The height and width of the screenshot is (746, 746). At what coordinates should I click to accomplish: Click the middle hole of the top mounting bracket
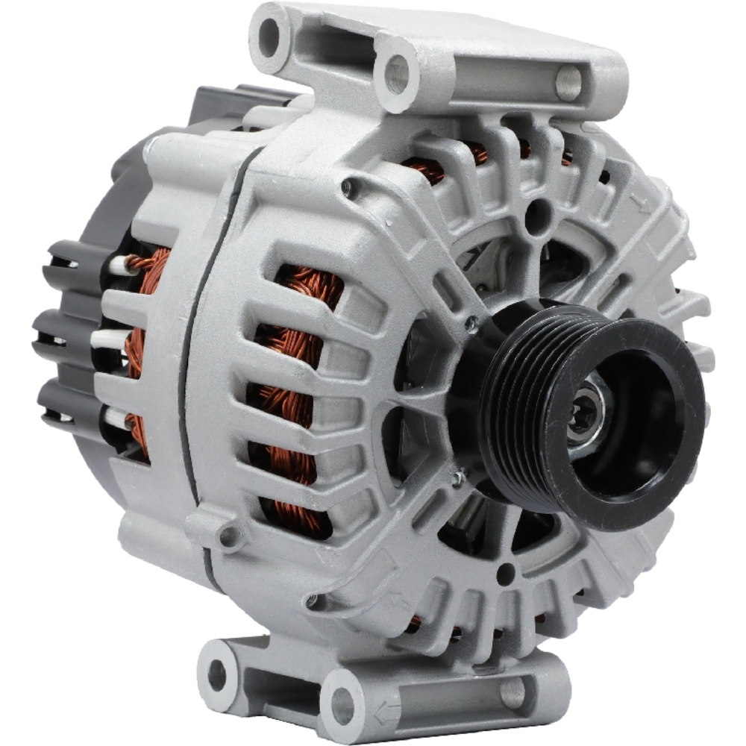coord(396,74)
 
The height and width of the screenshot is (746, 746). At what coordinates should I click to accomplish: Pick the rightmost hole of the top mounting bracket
coord(568,82)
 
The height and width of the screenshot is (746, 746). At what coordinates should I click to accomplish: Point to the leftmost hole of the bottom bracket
coord(216,674)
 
